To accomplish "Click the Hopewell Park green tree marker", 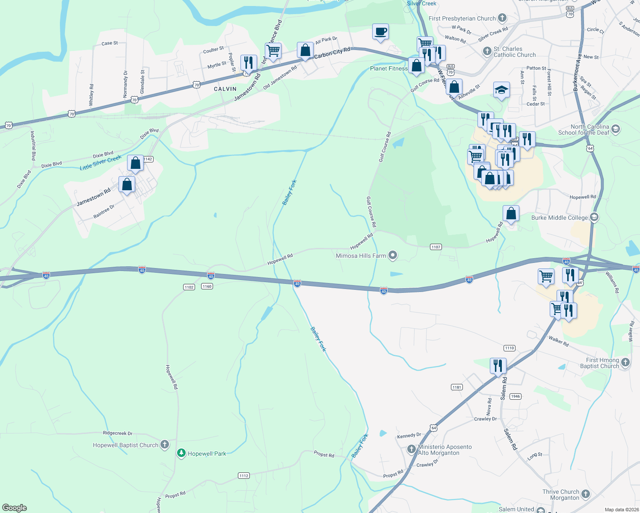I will [181, 453].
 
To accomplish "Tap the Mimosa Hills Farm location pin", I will [393, 256].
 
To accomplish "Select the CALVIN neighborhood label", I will [225, 89].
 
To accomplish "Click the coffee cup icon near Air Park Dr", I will [380, 32].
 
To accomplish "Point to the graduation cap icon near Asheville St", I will [501, 90].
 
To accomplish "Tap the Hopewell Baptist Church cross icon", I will [165, 445].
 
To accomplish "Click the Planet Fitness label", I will [388, 68].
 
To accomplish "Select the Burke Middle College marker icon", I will [594, 217].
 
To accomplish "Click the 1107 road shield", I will [436, 247].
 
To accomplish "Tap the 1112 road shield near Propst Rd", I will [243, 475].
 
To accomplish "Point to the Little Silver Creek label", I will [101, 163].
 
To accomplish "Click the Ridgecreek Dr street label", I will [118, 433].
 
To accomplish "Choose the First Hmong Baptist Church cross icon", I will [625, 363].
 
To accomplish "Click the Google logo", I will [15, 508].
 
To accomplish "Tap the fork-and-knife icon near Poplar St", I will [249, 62].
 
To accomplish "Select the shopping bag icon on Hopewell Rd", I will [511, 213].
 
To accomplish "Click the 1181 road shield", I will [456, 387].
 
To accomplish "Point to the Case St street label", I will [110, 43].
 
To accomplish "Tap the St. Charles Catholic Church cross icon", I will [487, 51].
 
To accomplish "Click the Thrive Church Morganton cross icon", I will [586, 494].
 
